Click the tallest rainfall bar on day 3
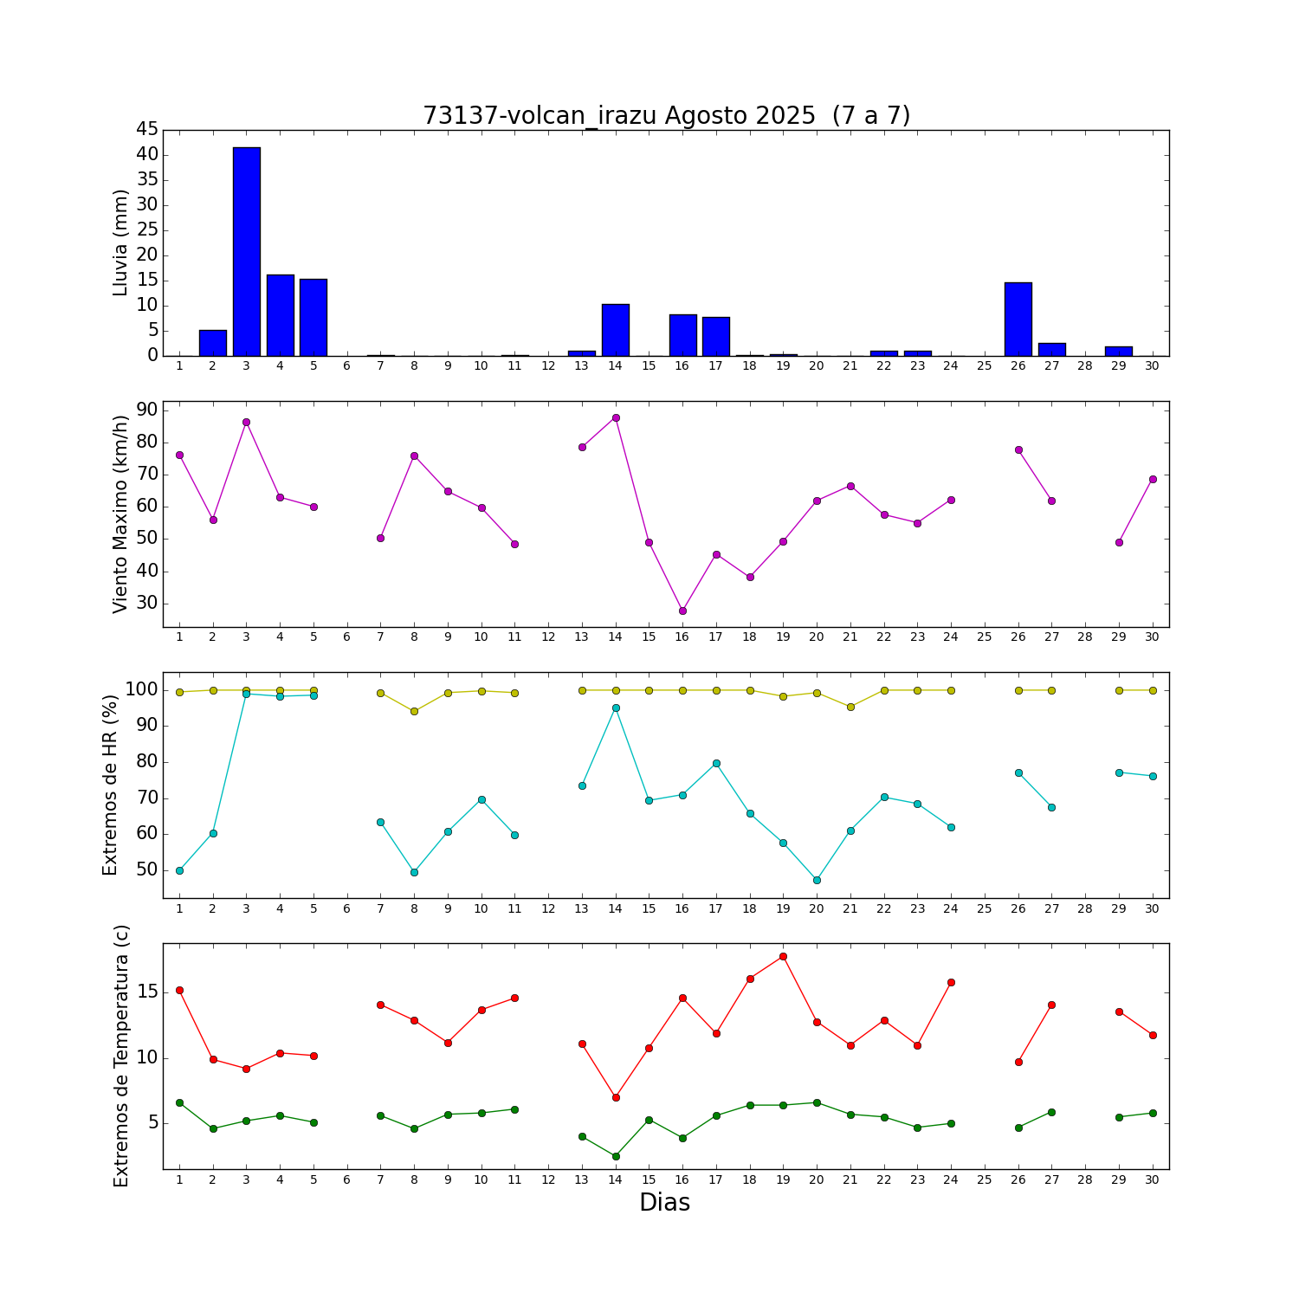click(x=246, y=251)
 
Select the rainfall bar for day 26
click(x=1018, y=319)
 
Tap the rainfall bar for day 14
click(x=615, y=330)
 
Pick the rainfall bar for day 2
click(x=212, y=343)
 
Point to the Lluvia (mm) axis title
click(x=120, y=242)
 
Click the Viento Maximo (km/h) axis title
click(x=120, y=514)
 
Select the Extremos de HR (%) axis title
click(x=110, y=785)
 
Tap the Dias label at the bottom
click(x=664, y=1202)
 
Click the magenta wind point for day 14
click(x=616, y=417)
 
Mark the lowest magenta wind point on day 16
click(x=682, y=611)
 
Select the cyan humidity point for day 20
click(x=817, y=880)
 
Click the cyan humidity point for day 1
click(x=179, y=870)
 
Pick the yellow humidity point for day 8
click(x=414, y=711)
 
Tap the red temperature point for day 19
click(x=783, y=956)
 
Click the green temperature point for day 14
click(x=616, y=1156)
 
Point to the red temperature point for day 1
click(x=179, y=990)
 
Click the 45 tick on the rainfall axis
click(x=147, y=130)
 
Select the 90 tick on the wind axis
click(x=147, y=410)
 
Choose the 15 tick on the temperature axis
click(x=147, y=992)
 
